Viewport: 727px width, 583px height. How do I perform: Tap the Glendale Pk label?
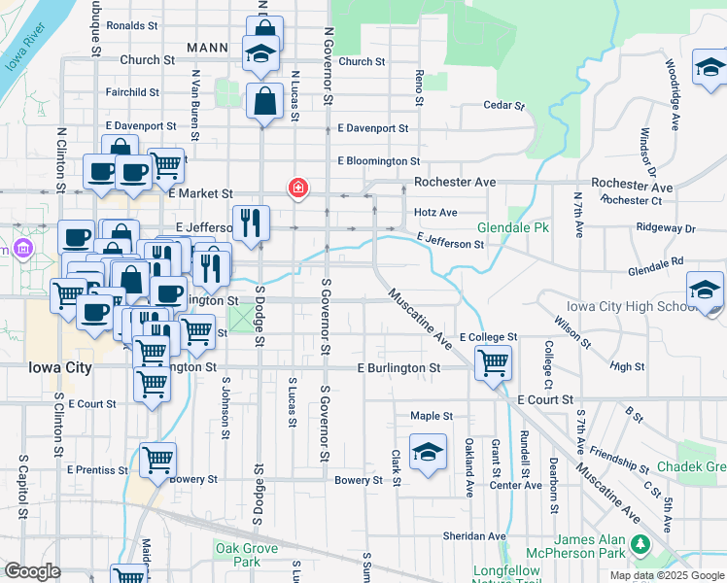coord(513,227)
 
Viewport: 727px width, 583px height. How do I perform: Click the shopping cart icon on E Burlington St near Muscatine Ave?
coord(493,364)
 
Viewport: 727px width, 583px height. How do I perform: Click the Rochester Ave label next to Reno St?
coord(454,182)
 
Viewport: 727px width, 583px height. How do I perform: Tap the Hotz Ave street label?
coord(434,212)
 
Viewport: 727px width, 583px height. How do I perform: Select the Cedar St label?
coord(503,105)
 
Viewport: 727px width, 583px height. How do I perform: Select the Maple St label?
coord(432,415)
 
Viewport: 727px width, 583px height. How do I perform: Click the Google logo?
coord(32,570)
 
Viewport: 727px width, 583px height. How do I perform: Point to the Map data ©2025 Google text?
coord(666,575)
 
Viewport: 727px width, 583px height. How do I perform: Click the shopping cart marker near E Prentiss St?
coord(157,461)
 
